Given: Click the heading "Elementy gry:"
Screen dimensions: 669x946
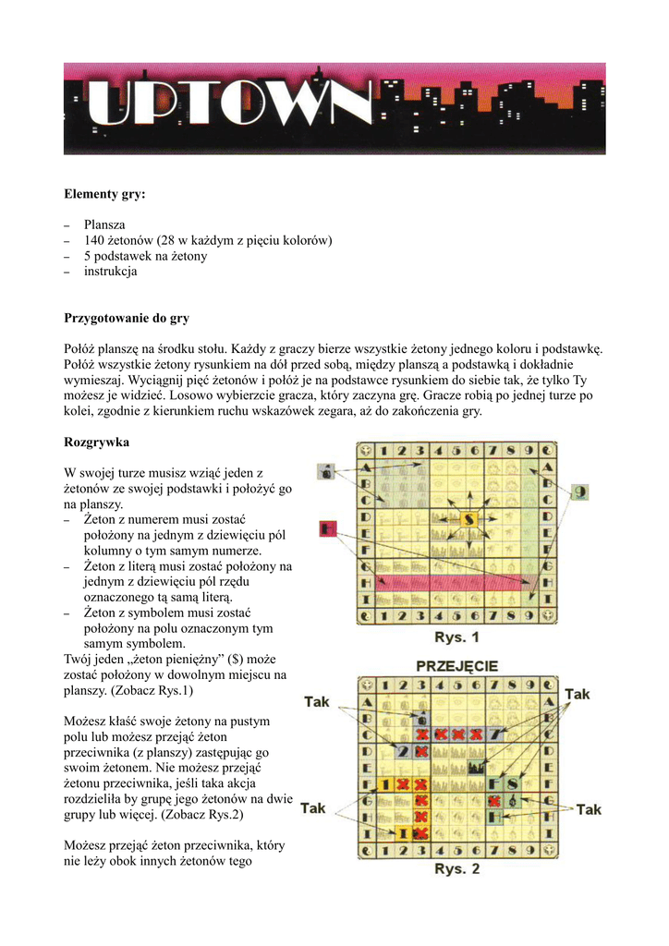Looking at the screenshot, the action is pos(104,194).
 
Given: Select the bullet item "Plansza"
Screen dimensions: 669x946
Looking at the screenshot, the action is pos(105,224).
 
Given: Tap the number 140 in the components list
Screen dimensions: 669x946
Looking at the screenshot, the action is pos(96,240).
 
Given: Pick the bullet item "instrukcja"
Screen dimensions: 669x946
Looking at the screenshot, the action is pos(110,272).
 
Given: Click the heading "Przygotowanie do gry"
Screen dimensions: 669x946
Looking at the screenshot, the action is pos(127,318).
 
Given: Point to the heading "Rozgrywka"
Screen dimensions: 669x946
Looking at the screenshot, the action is pos(96,442).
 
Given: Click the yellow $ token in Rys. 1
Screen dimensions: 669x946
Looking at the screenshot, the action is pos(469,519).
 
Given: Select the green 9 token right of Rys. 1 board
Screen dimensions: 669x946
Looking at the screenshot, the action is pos(579,492).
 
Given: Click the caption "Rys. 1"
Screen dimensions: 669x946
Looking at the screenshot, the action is pos(457,637).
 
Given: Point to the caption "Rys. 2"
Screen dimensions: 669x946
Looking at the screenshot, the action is pos(457,868).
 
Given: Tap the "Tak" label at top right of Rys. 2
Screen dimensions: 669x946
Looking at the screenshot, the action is pos(578,694).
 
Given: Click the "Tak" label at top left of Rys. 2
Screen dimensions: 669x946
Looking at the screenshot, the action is pos(316,702).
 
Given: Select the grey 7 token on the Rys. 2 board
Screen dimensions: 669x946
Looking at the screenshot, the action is pos(499,734).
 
